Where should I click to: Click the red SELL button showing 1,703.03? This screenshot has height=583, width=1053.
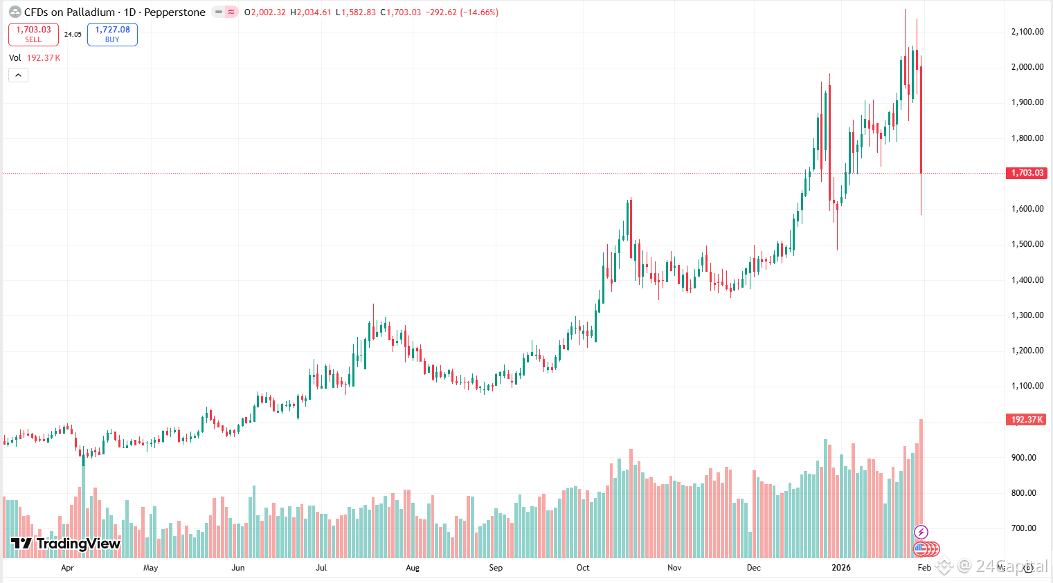tap(33, 34)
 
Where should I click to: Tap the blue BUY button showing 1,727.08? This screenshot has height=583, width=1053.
tap(112, 34)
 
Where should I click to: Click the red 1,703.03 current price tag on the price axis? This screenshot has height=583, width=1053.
tap(1027, 173)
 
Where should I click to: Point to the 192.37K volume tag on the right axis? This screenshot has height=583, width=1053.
tap(1027, 420)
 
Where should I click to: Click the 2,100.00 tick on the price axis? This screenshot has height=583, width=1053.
tap(1027, 31)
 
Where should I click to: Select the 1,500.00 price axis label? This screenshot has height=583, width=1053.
tap(1027, 244)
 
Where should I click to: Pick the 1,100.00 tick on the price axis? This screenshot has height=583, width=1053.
tap(1027, 386)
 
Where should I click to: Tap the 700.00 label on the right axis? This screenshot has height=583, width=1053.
tap(1024, 528)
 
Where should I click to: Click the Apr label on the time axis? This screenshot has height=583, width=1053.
tap(67, 568)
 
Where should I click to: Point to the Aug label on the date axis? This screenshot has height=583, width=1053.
tap(413, 568)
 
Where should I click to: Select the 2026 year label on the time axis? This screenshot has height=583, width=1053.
tap(841, 568)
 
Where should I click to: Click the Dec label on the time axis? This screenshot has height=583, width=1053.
tap(754, 568)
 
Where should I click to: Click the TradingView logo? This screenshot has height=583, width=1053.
tap(66, 544)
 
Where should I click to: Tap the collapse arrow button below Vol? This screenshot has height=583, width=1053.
tap(18, 75)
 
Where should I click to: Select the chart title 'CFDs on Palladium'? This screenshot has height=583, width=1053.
tap(69, 12)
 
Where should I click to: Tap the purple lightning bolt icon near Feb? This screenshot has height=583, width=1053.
tap(921, 532)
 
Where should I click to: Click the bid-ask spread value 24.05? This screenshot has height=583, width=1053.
tap(73, 34)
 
